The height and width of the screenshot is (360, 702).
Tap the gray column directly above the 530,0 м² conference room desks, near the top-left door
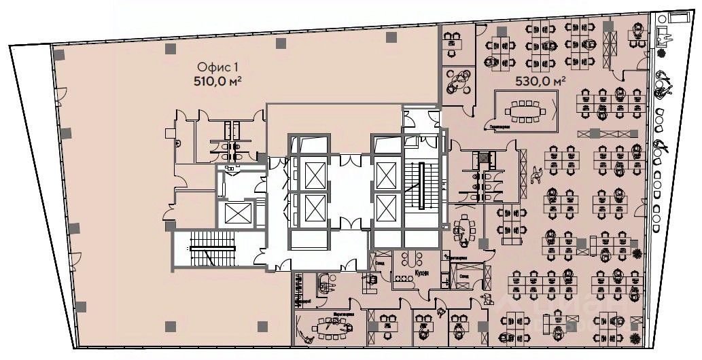click(x=502, y=31)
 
